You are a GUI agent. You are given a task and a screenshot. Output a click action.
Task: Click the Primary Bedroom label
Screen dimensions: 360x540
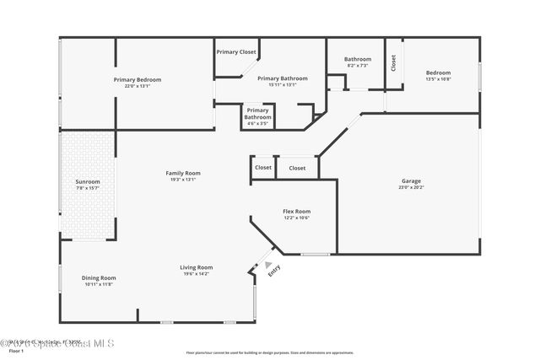click(x=137, y=80)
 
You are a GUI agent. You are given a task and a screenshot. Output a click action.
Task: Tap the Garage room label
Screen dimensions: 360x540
click(x=411, y=180)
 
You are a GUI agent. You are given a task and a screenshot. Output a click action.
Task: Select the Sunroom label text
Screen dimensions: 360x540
click(x=88, y=181)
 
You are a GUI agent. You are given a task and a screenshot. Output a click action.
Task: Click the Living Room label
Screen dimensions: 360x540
click(x=196, y=267)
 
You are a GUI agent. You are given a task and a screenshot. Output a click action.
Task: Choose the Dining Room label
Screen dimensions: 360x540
click(x=99, y=277)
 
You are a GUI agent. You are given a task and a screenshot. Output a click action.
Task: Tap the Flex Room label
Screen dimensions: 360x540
click(x=296, y=211)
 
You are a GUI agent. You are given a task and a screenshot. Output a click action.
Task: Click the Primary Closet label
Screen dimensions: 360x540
click(x=236, y=52)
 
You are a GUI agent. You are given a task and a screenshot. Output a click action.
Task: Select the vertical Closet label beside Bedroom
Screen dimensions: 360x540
click(x=393, y=63)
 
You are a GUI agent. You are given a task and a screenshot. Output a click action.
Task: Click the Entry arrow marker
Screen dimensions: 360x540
click(x=268, y=264)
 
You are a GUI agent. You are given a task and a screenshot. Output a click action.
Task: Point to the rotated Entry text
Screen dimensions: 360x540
click(x=273, y=271)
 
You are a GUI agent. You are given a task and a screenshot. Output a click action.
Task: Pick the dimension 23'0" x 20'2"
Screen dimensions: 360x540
click(x=411, y=186)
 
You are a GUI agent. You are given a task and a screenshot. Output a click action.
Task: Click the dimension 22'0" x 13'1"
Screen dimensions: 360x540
click(x=137, y=85)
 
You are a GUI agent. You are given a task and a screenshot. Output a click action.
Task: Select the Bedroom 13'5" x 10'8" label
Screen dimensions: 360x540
click(x=438, y=75)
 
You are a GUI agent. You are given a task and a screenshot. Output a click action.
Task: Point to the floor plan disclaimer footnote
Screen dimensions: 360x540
click(x=270, y=352)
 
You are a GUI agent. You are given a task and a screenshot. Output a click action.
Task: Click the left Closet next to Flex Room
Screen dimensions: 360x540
click(x=263, y=168)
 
